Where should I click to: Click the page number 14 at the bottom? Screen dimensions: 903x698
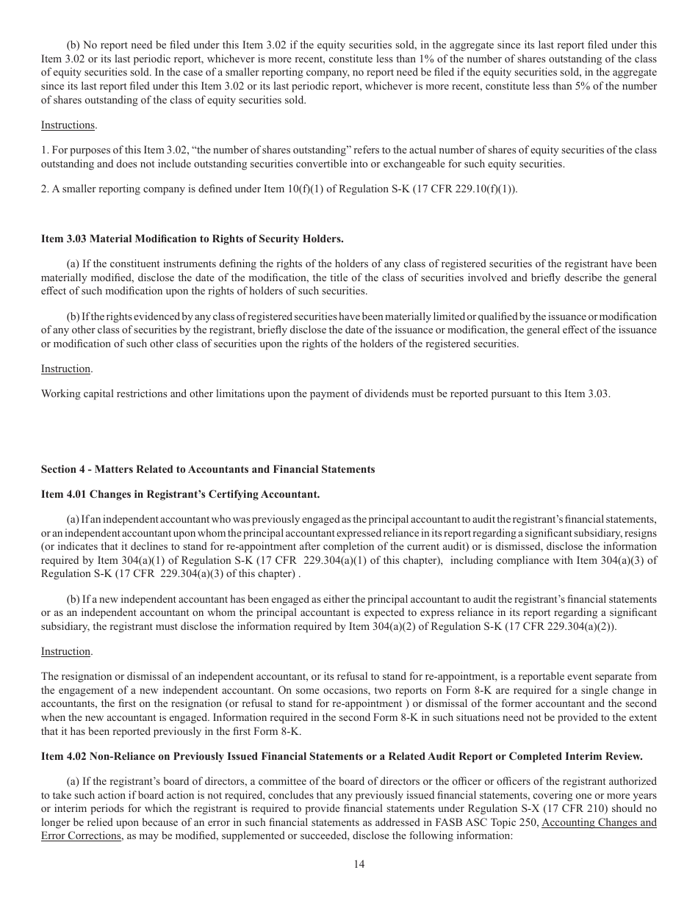coord(359,864)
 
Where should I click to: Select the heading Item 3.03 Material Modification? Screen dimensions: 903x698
coord(192,239)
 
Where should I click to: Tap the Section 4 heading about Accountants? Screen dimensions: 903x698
coord(208,469)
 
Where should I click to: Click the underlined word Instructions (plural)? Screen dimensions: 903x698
coord(68,125)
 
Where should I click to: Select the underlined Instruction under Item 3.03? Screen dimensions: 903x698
coord(66,369)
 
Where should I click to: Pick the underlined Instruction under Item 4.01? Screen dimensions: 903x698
coord(66,651)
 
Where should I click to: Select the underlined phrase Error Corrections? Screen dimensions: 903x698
coord(81,836)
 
